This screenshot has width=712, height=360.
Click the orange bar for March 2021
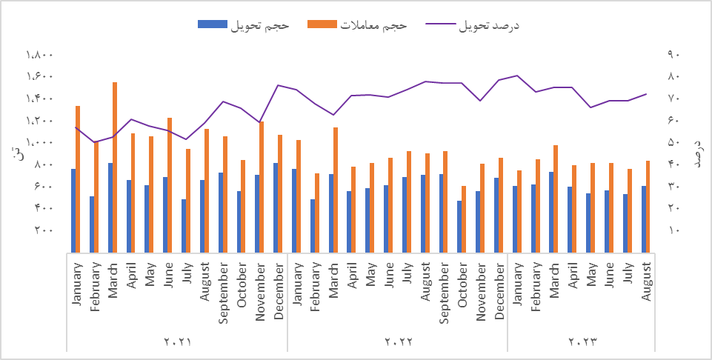[115, 167]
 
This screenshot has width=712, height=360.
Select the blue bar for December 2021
[276, 207]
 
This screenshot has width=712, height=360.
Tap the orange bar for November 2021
[262, 187]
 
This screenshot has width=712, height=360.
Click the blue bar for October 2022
[459, 226]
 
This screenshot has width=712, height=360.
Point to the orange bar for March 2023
[556, 199]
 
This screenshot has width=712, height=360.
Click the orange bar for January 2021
[78, 179]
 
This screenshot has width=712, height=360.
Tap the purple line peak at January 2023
[516, 76]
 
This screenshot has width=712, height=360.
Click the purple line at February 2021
[94, 142]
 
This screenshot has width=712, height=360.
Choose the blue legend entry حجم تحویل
[244, 25]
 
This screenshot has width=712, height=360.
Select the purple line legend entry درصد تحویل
[474, 25]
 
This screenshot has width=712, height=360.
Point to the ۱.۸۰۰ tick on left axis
[39, 55]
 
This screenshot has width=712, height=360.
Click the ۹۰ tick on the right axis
[673, 55]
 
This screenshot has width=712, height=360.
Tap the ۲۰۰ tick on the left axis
[44, 230]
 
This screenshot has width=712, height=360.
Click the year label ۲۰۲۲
[398, 342]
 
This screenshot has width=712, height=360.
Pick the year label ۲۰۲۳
[582, 342]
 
